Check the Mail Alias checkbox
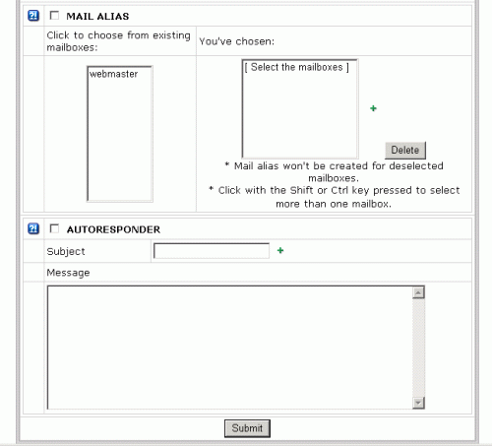[54, 16]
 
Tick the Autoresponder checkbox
[54, 228]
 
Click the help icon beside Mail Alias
[33, 16]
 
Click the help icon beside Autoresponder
[33, 228]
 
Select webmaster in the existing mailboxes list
[113, 74]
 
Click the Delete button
[405, 150]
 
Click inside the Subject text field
[212, 251]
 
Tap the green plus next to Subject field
[280, 251]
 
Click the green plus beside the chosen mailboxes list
[373, 108]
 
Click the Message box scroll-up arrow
[418, 292]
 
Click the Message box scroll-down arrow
[418, 403]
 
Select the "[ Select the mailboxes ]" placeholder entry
[297, 67]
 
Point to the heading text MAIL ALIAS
[97, 16]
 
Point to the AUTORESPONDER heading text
[113, 229]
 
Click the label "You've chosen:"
[237, 41]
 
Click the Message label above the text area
[68, 273]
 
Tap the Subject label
[66, 251]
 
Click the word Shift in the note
[301, 190]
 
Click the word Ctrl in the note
[339, 190]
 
